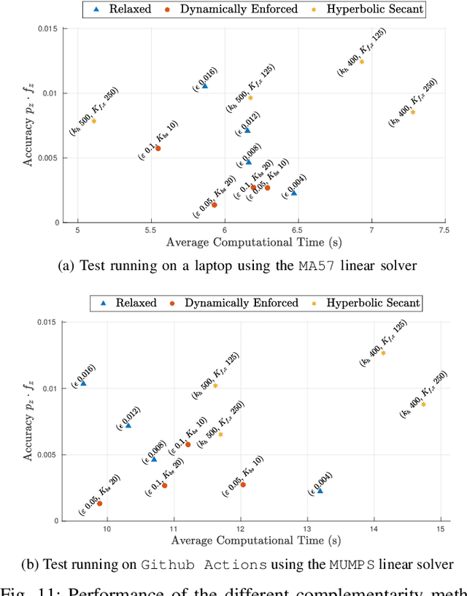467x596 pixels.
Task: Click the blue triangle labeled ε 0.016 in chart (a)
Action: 204,86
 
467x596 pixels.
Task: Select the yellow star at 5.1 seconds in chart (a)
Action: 93,121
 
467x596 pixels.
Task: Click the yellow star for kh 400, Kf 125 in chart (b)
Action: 383,353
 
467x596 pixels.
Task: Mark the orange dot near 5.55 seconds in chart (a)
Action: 158,149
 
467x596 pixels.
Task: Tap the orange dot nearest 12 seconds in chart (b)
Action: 243,485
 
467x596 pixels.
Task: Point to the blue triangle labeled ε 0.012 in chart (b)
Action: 128,425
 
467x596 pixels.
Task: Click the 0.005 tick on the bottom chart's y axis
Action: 50,454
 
